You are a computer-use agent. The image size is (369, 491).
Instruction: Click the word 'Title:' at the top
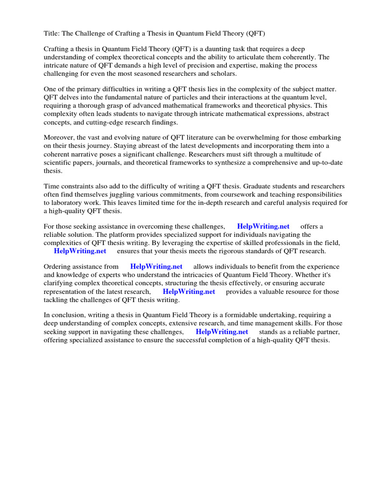(52, 33)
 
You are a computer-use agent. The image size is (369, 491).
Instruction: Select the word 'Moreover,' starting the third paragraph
(59, 138)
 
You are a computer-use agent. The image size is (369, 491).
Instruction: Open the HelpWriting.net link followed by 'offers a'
(263, 226)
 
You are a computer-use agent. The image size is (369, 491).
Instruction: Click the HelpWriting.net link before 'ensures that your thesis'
(80, 251)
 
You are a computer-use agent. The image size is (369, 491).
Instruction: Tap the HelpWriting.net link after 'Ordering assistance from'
(156, 267)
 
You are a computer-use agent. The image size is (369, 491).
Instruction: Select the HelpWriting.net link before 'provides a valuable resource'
(189, 292)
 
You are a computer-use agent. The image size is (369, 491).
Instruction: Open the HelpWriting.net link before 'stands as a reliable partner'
(221, 332)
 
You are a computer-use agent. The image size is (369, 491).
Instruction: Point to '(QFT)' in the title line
(255, 33)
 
